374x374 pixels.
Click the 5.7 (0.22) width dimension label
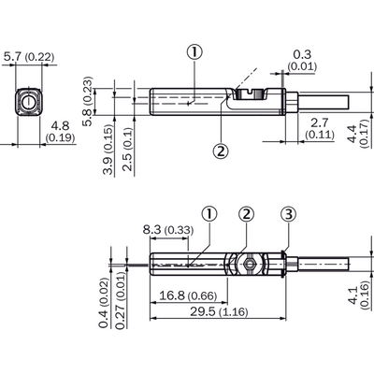point(29,57)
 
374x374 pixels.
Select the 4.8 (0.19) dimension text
point(60,131)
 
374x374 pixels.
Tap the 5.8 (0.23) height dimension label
point(88,101)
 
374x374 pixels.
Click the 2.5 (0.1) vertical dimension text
point(128,150)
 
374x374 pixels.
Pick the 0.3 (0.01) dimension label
point(302,60)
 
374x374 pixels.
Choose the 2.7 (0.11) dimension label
point(320,128)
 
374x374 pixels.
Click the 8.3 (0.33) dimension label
point(168,230)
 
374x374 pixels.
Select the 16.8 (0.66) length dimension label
point(188,295)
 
